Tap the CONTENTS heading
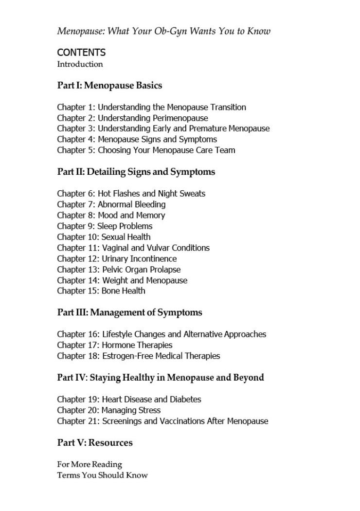[x=81, y=52]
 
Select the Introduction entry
[x=80, y=64]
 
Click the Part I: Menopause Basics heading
[x=109, y=86]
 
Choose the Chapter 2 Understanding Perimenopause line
[x=132, y=118]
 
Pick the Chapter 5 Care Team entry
[x=146, y=150]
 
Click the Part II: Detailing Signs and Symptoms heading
[x=136, y=172]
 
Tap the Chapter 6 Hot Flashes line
[x=131, y=193]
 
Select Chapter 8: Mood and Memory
[x=111, y=215]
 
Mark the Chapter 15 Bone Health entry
[x=101, y=291]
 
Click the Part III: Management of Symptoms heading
[x=129, y=312]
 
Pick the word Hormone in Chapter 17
[x=119, y=345]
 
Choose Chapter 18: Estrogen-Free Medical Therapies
[x=138, y=356]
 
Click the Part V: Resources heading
[x=95, y=443]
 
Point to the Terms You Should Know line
[x=102, y=475]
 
